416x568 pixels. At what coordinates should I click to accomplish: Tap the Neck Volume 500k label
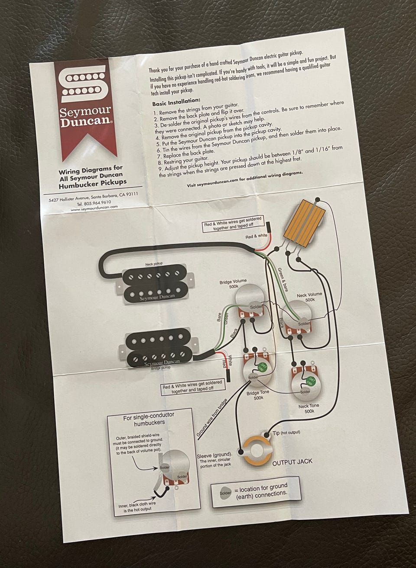(309, 297)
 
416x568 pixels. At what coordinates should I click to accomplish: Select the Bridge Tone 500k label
(258, 395)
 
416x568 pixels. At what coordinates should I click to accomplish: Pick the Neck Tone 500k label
(309, 408)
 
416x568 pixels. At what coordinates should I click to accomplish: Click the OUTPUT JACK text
(292, 462)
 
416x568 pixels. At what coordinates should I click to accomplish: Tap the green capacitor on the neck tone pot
(310, 381)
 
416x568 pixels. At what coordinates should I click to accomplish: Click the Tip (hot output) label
(286, 433)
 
